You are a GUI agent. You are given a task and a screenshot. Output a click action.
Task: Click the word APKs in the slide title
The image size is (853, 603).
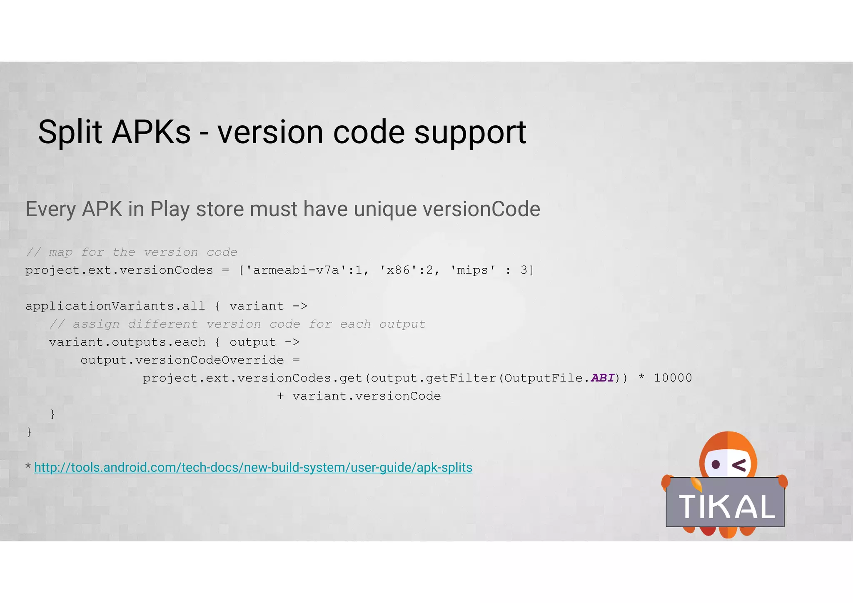[151, 132]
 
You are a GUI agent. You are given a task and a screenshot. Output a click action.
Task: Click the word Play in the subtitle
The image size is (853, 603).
[170, 209]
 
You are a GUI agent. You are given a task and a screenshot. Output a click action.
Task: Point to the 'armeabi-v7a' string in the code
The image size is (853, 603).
[296, 270]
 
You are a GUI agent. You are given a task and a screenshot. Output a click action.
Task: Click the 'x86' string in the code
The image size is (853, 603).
[399, 270]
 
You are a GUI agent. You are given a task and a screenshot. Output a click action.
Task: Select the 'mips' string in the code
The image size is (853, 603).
[472, 270]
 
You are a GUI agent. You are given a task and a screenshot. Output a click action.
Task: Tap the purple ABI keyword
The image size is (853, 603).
[602, 378]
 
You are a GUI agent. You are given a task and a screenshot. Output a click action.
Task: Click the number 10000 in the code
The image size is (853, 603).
[673, 378]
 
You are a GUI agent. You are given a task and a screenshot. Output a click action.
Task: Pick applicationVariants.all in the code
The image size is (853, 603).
[115, 306]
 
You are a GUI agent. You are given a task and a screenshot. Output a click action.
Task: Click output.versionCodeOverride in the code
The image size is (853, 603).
[182, 360]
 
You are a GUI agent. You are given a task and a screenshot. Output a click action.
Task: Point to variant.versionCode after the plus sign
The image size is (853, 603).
[367, 396]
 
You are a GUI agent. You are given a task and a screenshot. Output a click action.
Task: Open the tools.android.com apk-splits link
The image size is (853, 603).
[253, 467]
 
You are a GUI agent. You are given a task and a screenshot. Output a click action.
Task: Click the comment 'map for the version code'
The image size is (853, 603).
[132, 252]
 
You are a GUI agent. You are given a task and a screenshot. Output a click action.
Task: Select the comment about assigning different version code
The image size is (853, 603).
[237, 324]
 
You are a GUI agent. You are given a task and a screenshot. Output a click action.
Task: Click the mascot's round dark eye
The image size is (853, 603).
[716, 464]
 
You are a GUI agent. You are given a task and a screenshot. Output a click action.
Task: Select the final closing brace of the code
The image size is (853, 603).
[29, 432]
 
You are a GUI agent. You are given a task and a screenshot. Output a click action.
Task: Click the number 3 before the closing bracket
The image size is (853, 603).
[524, 270]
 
